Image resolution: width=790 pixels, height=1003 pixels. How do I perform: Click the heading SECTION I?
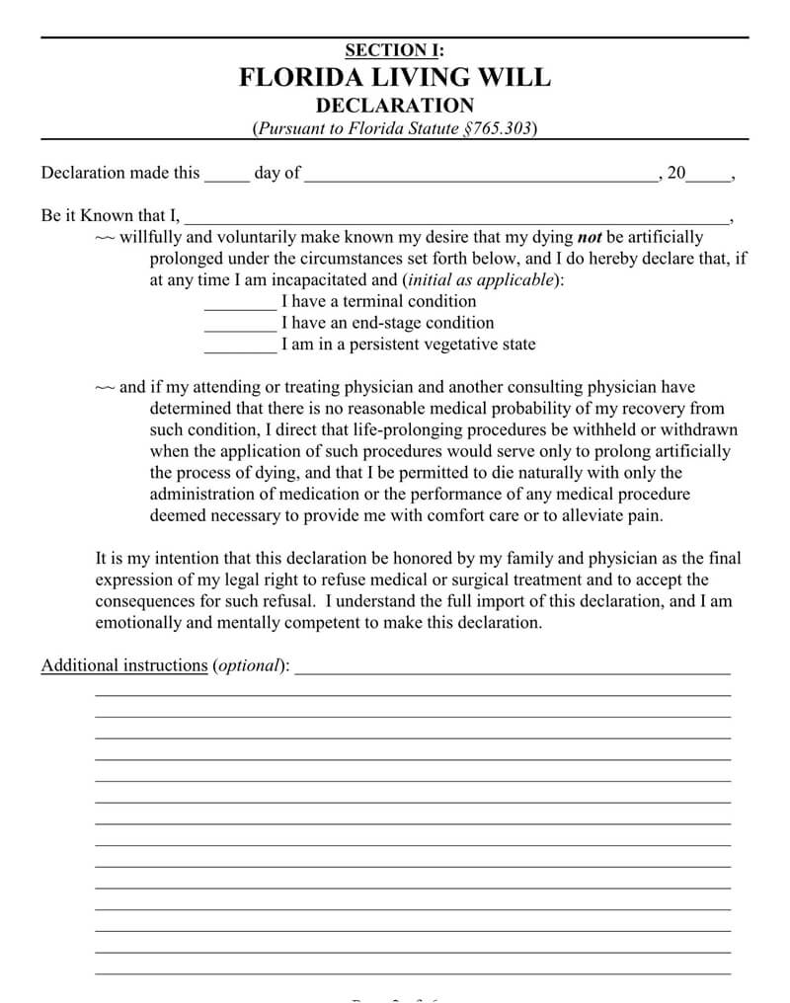click(394, 50)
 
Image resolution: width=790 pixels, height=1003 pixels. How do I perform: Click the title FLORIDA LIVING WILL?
click(395, 78)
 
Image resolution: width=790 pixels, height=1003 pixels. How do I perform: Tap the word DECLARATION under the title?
click(395, 106)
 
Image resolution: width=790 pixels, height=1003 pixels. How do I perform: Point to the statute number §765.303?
click(499, 129)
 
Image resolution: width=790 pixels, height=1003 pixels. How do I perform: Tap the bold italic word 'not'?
click(590, 237)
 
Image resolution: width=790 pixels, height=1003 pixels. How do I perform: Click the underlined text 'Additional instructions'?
click(123, 665)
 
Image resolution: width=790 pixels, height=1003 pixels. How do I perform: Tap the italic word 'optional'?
click(249, 665)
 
